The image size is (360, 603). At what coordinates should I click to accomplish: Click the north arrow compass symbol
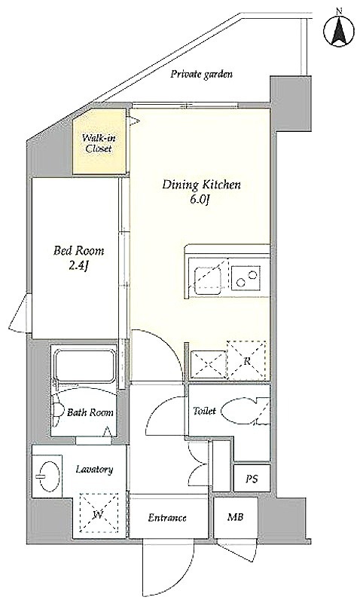(x=338, y=29)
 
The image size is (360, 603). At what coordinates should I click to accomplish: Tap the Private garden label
(x=201, y=74)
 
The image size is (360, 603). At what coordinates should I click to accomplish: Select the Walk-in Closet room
(x=100, y=142)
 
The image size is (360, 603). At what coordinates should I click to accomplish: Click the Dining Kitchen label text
(x=201, y=185)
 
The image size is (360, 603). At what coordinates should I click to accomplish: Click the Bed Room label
(x=79, y=251)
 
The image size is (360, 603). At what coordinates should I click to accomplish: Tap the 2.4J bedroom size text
(x=79, y=267)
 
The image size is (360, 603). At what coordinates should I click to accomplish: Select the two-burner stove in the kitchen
(x=246, y=278)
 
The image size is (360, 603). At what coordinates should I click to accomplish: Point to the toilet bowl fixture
(x=241, y=411)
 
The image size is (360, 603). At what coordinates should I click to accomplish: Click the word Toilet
(x=204, y=411)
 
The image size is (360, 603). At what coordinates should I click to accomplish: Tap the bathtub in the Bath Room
(x=85, y=365)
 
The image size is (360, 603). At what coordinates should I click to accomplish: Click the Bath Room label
(x=90, y=412)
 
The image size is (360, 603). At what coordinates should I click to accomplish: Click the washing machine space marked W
(x=99, y=513)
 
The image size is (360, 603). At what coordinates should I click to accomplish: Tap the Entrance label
(x=167, y=518)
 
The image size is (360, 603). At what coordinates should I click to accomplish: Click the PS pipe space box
(x=252, y=478)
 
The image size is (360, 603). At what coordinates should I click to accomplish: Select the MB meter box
(x=236, y=518)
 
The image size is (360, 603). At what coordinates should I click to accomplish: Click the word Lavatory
(x=94, y=470)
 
